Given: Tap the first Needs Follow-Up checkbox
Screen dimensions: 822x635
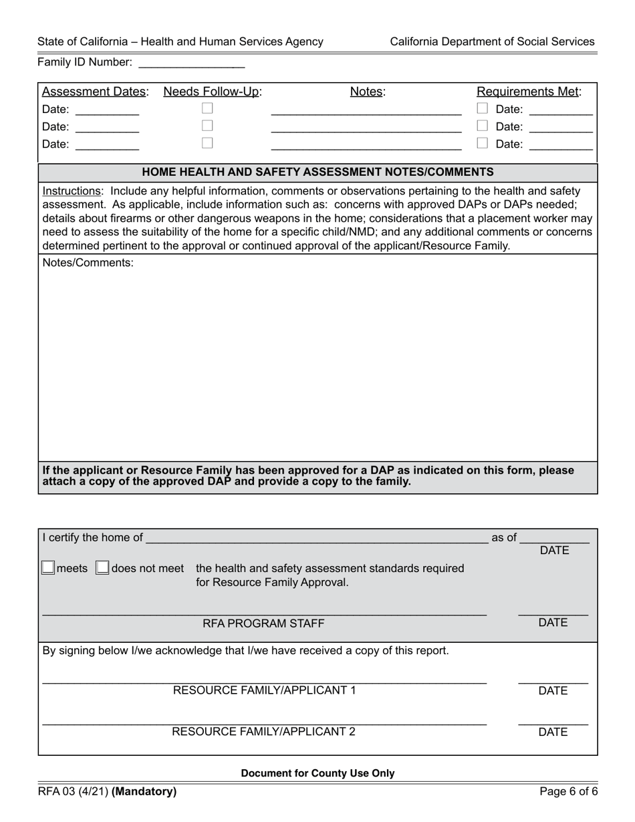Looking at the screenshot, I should click(x=208, y=108).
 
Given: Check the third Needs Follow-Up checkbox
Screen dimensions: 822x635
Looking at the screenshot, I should click(x=208, y=143).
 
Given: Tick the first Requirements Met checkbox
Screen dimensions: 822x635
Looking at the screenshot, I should click(x=482, y=108).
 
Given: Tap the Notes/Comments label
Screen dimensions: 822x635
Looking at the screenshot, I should click(x=88, y=263).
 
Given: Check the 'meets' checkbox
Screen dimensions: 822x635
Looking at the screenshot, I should click(x=48, y=568).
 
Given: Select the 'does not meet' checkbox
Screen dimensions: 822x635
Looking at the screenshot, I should click(x=102, y=568).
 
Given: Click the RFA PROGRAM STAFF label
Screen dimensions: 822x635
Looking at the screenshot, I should click(x=263, y=624).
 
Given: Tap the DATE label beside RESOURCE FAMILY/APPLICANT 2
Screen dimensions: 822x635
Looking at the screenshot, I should click(x=553, y=732).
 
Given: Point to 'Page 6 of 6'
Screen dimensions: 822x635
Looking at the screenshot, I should click(x=569, y=792).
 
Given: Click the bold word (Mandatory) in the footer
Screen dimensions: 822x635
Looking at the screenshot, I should click(x=144, y=792).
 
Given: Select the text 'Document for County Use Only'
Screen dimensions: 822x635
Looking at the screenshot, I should click(x=317, y=773).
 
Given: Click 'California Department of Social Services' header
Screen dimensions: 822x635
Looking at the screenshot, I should click(x=492, y=41).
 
